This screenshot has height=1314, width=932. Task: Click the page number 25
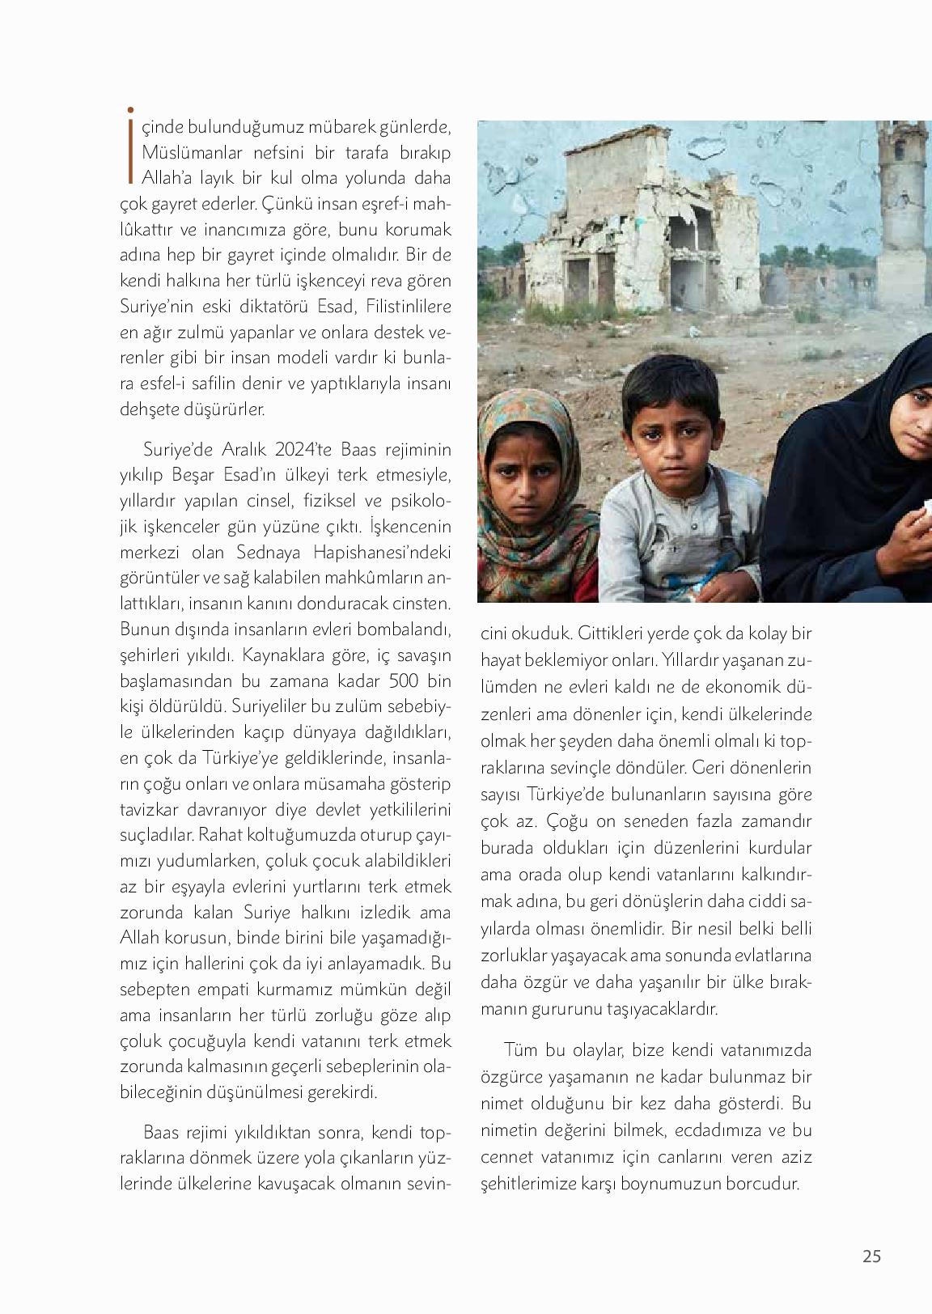[871, 1257]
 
